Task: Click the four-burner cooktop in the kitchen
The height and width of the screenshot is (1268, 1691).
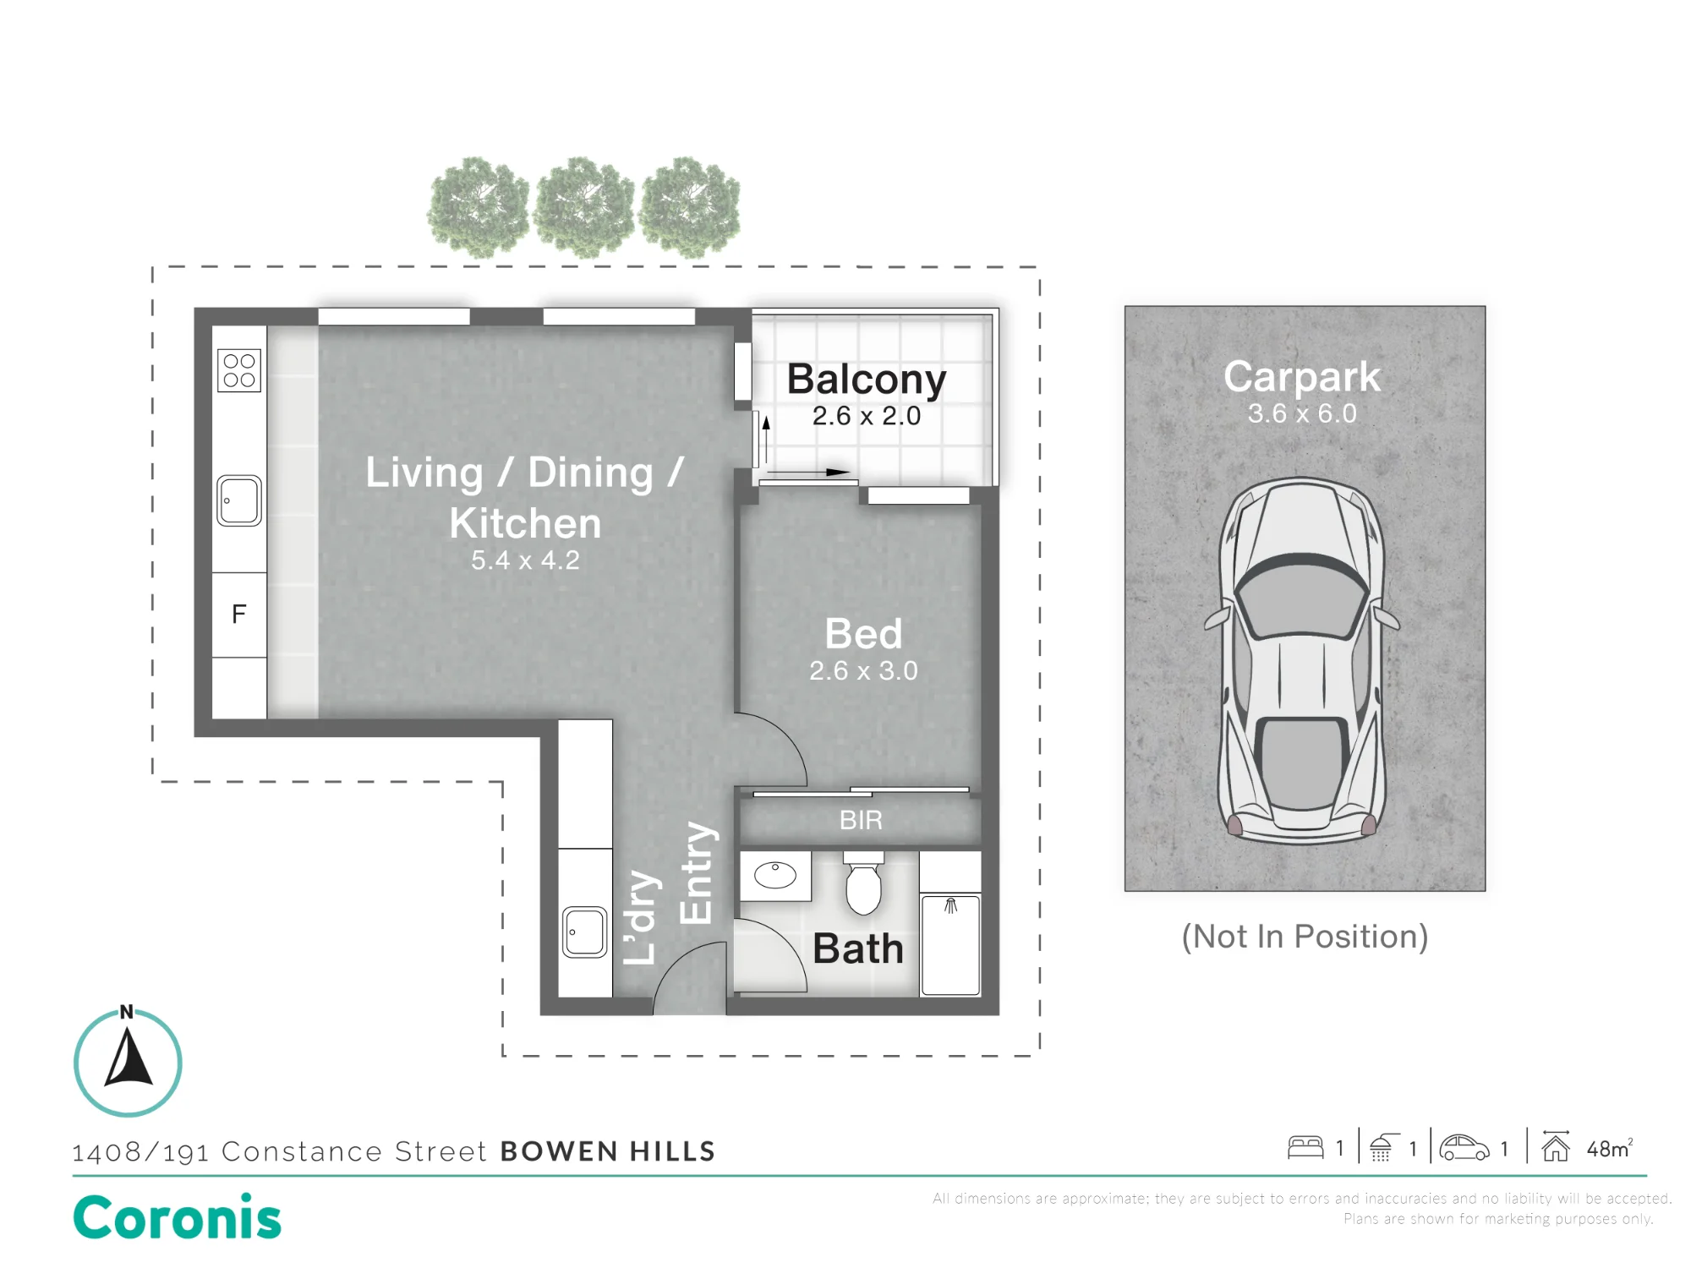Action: click(x=239, y=370)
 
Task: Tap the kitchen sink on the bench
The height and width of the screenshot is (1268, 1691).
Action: click(x=239, y=500)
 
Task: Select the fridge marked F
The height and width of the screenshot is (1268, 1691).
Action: click(x=239, y=615)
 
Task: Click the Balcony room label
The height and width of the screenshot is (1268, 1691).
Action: click(x=867, y=379)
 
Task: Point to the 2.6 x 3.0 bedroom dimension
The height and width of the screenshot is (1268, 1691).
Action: click(x=863, y=670)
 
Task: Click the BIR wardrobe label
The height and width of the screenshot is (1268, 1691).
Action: click(x=861, y=820)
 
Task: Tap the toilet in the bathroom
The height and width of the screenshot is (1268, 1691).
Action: click(x=863, y=883)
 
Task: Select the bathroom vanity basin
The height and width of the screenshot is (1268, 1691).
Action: click(x=775, y=876)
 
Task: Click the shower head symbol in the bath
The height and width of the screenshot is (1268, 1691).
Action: click(x=951, y=906)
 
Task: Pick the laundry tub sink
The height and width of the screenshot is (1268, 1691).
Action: click(x=585, y=932)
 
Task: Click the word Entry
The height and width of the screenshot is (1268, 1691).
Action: click(x=698, y=872)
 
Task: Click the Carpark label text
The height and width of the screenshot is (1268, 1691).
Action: click(x=1302, y=377)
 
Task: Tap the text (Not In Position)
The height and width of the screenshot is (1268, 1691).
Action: click(x=1305, y=937)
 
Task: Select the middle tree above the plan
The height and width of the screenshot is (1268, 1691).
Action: click(x=584, y=207)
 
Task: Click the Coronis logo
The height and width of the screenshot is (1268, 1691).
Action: click(x=178, y=1217)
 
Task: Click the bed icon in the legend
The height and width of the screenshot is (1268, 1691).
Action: click(x=1305, y=1147)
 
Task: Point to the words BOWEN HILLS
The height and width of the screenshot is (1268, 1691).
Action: click(x=608, y=1151)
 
